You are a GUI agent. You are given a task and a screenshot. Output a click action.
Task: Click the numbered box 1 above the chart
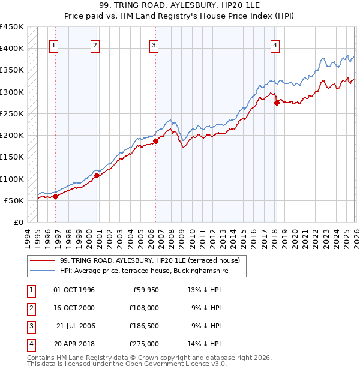click(x=54, y=44)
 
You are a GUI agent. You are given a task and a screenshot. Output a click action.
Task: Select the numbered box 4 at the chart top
click(x=275, y=44)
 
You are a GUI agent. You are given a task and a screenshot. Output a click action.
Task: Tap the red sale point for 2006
click(x=155, y=142)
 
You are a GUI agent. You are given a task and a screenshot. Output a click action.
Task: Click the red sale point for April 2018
click(x=277, y=103)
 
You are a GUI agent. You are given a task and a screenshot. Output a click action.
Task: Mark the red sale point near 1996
click(x=55, y=196)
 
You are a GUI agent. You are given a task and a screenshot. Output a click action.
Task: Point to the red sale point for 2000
click(x=97, y=175)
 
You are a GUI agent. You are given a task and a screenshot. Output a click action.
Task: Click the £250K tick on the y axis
click(x=12, y=113)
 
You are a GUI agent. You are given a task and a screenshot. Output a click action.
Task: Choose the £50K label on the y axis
click(x=14, y=200)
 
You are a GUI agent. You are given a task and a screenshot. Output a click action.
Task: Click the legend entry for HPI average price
click(x=152, y=271)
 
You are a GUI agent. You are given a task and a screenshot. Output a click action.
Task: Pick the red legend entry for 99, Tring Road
click(x=149, y=261)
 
